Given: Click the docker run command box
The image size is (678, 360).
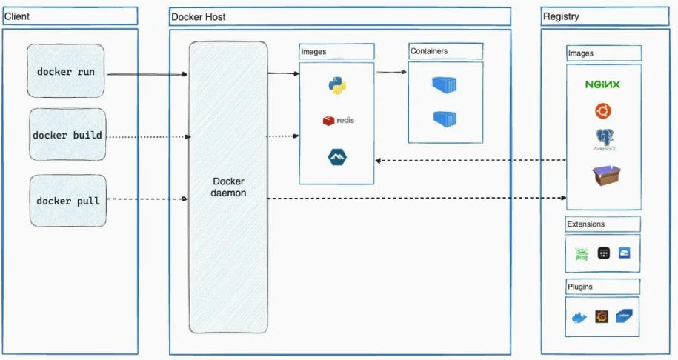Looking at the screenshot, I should tap(65, 72).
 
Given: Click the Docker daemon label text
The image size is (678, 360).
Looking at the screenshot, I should tap(228, 187).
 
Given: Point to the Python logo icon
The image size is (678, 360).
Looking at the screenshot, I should tap(337, 86).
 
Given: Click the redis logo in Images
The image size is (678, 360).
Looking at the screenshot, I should tap(339, 120).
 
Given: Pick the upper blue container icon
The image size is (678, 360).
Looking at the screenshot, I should tap(445, 84).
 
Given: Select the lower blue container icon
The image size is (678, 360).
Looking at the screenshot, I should tap(445, 119).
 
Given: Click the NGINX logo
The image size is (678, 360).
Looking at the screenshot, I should tap(602, 84).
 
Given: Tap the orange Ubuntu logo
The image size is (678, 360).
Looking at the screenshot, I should tap(602, 111).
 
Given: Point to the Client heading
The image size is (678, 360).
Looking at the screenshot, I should tap(17, 16).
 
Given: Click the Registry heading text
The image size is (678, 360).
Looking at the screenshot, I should tap(561, 16).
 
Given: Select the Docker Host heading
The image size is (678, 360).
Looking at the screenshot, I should tap(199, 16).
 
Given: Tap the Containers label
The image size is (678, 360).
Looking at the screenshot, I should tap(431, 51).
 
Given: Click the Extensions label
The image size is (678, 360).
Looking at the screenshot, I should tap(586, 224).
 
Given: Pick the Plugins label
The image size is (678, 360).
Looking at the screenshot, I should tap(580, 287).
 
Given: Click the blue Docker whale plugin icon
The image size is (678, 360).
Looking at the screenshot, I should tap(579, 318).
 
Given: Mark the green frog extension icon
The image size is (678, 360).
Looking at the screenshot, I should tap(582, 253).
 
